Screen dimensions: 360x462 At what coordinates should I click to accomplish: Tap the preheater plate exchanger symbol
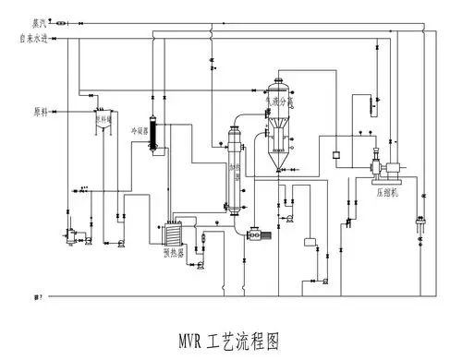tap(173, 230)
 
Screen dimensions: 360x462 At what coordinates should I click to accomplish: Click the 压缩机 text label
tap(388, 195)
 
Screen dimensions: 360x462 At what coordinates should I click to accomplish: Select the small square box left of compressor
tap(336, 153)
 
